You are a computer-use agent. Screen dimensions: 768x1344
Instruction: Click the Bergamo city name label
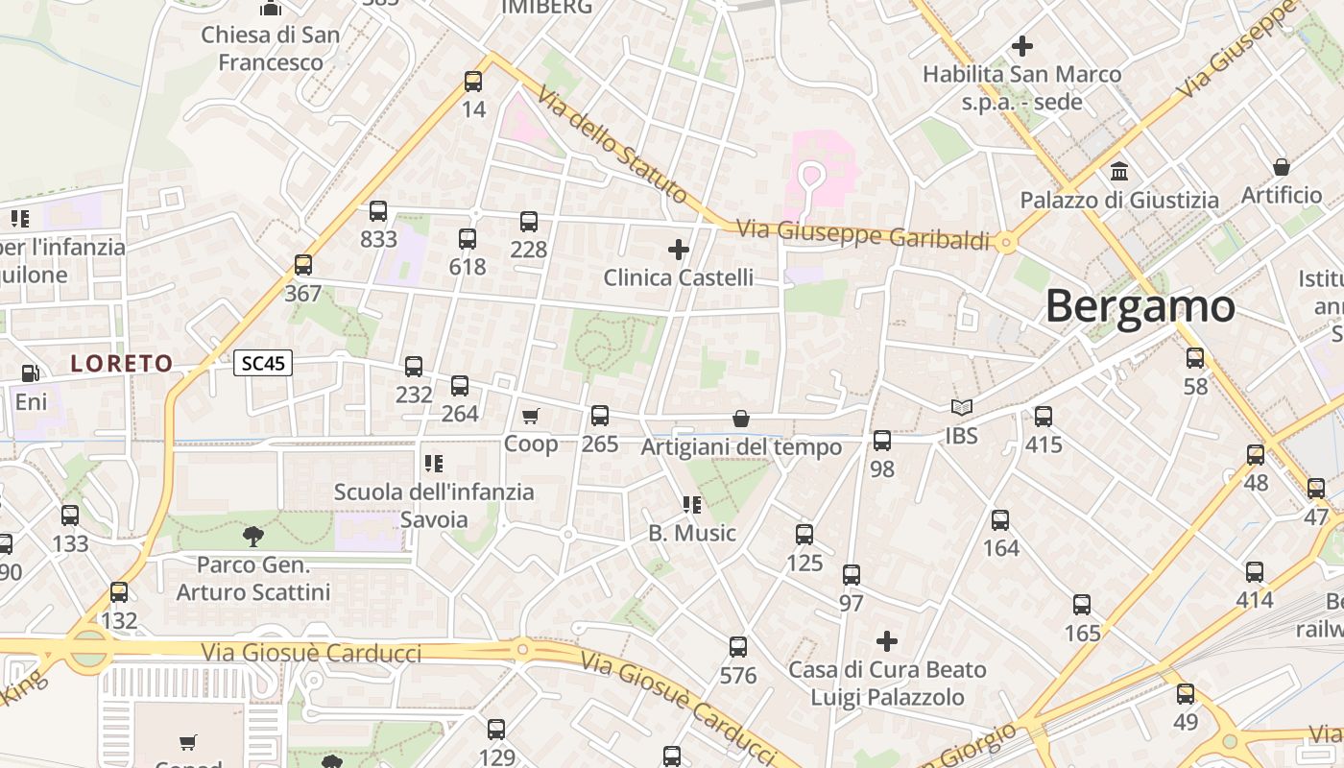(x=1140, y=306)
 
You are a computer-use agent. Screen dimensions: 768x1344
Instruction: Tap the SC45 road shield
(x=263, y=364)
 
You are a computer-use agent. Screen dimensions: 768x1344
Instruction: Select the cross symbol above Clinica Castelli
(x=679, y=250)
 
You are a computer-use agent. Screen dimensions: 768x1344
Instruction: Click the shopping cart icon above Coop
(x=531, y=416)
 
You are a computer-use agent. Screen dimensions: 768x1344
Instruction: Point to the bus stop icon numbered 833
(x=378, y=211)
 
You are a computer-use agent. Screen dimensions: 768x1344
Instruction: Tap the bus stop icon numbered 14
(x=473, y=82)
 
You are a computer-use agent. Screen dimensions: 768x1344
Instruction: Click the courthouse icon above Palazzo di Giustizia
(x=1119, y=172)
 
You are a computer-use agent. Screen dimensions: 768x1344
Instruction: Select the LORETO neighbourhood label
(x=122, y=364)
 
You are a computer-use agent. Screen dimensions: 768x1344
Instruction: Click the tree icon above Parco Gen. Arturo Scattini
(x=253, y=536)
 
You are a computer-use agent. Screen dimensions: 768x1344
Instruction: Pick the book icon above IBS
(x=961, y=408)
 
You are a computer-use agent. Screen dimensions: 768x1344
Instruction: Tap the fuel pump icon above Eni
(x=31, y=372)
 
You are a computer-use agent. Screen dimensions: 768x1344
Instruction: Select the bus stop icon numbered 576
(x=738, y=647)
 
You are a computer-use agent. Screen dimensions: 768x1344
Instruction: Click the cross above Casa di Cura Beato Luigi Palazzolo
(x=887, y=640)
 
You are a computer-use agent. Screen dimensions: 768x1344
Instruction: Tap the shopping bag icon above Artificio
(x=1281, y=167)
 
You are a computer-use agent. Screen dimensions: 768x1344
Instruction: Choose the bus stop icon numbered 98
(x=882, y=441)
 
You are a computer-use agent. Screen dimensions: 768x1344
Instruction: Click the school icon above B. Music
(x=691, y=505)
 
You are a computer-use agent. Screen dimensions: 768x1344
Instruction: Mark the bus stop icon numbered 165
(x=1082, y=605)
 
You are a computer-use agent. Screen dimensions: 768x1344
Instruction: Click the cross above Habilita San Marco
(x=1022, y=45)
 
